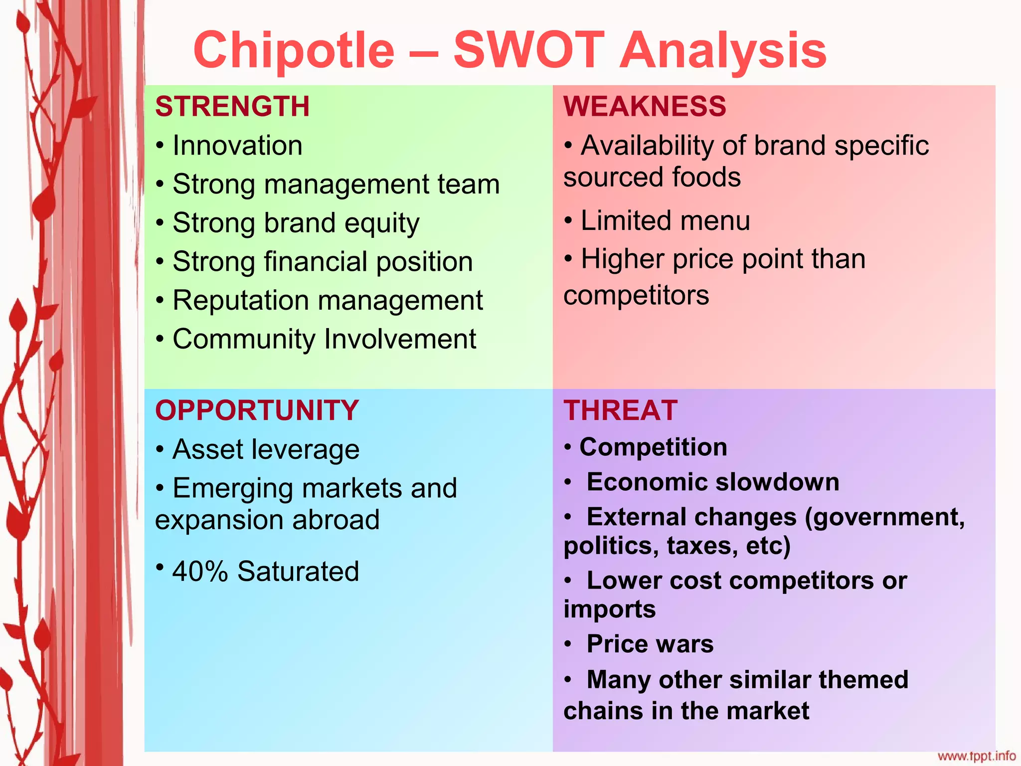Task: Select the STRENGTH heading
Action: pos(232,106)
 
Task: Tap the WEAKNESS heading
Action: pos(645,106)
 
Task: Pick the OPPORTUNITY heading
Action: pos(257,410)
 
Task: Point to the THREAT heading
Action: pos(621,410)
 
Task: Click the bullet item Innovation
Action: pos(237,146)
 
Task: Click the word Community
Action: pos(244,339)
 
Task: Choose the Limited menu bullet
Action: pos(665,220)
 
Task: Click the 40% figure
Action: pos(200,572)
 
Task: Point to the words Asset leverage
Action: pos(266,449)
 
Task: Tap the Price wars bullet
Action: pos(650,644)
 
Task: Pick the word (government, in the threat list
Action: pos(885,517)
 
